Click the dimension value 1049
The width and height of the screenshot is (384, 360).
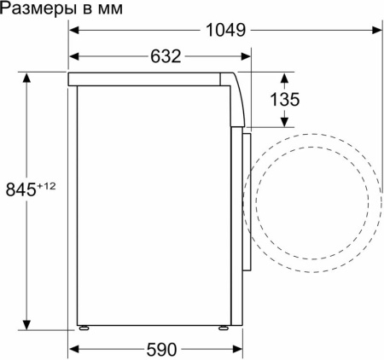click(x=225, y=30)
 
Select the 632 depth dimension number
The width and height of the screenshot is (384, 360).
click(x=165, y=57)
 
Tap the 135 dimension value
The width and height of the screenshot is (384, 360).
click(x=284, y=100)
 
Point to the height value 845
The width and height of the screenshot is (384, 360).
click(x=20, y=189)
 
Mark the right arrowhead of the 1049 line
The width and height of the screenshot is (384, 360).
click(x=375, y=30)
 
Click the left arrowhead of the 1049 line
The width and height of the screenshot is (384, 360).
click(x=74, y=30)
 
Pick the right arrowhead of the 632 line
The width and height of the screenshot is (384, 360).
click(x=246, y=57)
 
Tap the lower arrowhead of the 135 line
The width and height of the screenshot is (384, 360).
click(x=284, y=125)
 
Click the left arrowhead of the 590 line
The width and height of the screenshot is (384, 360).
click(x=74, y=349)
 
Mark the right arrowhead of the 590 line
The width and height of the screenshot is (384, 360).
click(x=234, y=349)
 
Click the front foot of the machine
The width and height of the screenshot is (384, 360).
click(x=224, y=327)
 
